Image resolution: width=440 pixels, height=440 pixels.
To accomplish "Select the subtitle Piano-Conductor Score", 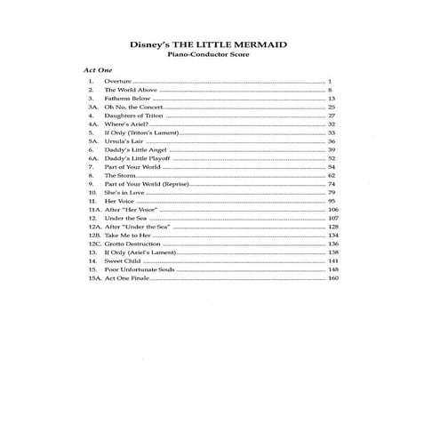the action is [x=219, y=58].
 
